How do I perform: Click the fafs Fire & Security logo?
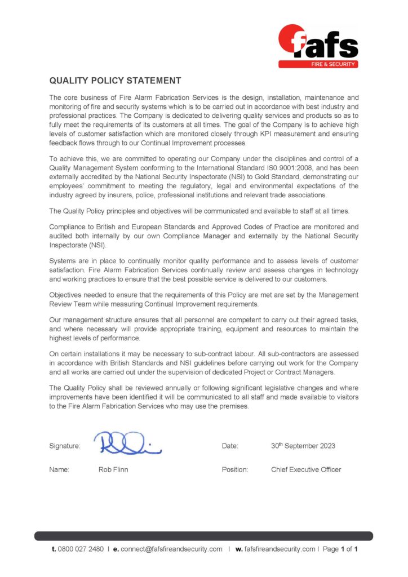coord(318,46)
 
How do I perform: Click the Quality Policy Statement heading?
coord(115,81)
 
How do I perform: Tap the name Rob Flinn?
coord(113,469)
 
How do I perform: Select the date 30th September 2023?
coord(303,446)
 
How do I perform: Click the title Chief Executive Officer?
coord(305,469)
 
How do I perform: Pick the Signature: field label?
coord(65,446)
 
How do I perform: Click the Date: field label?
coord(230,446)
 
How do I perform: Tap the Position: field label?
coord(235,469)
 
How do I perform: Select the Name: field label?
coord(59,469)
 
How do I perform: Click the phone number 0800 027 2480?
coord(81,549)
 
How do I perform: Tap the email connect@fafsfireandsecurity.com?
coord(172,549)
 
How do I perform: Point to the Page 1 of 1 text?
coord(340,549)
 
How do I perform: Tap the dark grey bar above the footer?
coord(203,536)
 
